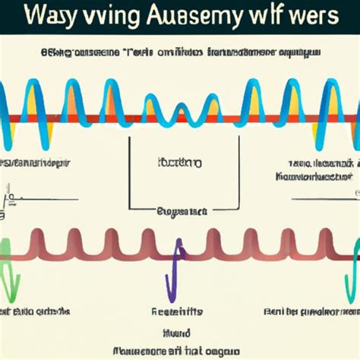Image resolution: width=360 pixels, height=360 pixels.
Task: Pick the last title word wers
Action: point(324,18)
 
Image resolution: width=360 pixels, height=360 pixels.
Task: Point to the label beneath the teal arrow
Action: point(311,311)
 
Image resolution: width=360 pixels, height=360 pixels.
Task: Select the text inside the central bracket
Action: point(179,163)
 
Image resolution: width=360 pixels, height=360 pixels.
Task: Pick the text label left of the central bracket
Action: point(38,163)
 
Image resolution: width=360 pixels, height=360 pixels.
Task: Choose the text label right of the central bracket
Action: point(319,169)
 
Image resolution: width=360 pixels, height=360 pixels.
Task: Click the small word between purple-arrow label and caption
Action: point(176,331)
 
